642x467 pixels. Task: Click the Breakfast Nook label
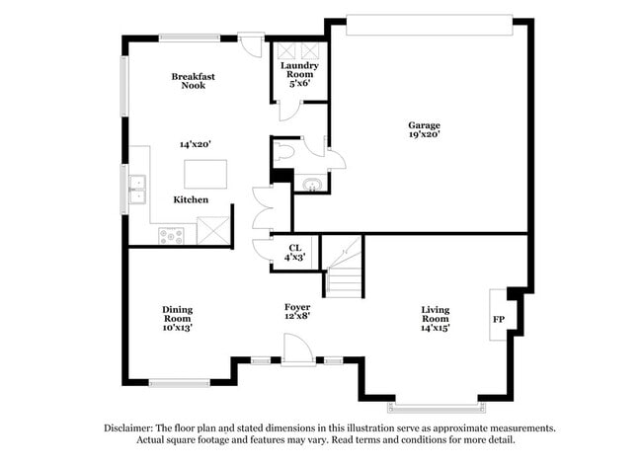click(x=193, y=81)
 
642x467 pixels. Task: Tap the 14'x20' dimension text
click(x=195, y=144)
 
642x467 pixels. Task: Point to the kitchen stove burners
click(x=172, y=235)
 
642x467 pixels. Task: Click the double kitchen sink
click(x=137, y=188)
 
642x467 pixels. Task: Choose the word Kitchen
click(x=191, y=199)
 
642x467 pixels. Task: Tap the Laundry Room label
click(x=298, y=75)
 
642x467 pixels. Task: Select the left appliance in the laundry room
click(x=286, y=51)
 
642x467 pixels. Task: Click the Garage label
click(x=425, y=124)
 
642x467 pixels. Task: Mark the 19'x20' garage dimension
click(x=425, y=134)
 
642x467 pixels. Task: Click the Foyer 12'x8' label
click(x=297, y=312)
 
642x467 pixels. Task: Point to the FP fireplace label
click(x=499, y=321)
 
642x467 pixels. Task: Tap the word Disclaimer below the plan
click(x=129, y=428)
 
